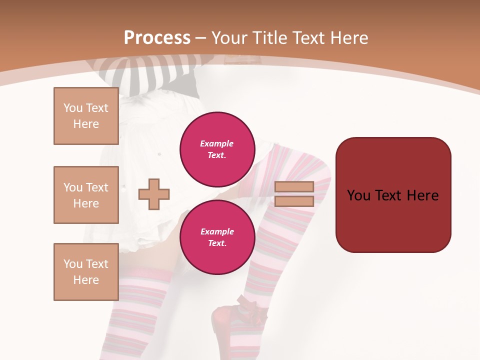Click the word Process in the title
pos(157,38)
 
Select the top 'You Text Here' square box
pos(86,116)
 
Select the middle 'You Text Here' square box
pos(86,195)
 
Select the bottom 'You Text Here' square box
pos(86,272)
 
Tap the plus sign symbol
pos(154,194)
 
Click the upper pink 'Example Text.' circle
pos(217,149)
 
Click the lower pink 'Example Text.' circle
pos(217,237)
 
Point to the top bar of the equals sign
pos(294,186)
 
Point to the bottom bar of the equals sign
pos(294,201)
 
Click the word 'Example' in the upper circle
pos(217,143)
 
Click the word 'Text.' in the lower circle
pos(217,243)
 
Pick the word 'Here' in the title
pos(348,38)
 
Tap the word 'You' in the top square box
pos(72,108)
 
